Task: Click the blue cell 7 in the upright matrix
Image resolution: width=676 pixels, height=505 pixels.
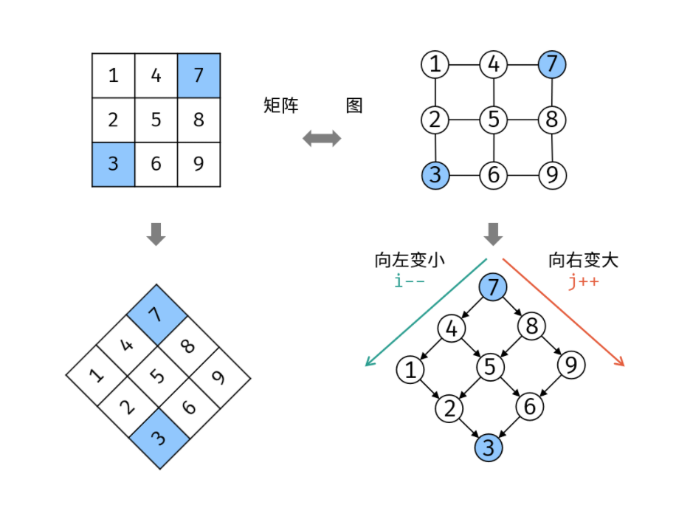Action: pyautogui.click(x=199, y=75)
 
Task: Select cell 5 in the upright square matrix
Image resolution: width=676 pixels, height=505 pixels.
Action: pyautogui.click(x=156, y=119)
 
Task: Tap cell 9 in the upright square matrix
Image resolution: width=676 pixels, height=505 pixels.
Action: pyautogui.click(x=199, y=162)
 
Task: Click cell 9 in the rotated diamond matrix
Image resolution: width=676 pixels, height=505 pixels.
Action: pyautogui.click(x=218, y=377)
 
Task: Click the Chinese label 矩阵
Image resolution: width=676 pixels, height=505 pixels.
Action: pyautogui.click(x=280, y=106)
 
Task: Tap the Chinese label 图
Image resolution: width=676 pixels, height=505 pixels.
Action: pyautogui.click(x=354, y=106)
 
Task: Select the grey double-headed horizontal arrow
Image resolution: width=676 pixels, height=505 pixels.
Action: pyautogui.click(x=322, y=138)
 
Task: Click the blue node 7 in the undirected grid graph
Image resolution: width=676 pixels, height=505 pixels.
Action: pyautogui.click(x=552, y=64)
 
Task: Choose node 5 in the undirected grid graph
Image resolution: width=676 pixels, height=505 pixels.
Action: pyautogui.click(x=493, y=118)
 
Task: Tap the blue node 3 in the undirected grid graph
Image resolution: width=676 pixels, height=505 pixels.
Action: pyautogui.click(x=435, y=176)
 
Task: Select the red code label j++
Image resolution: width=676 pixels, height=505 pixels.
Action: pyautogui.click(x=582, y=281)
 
